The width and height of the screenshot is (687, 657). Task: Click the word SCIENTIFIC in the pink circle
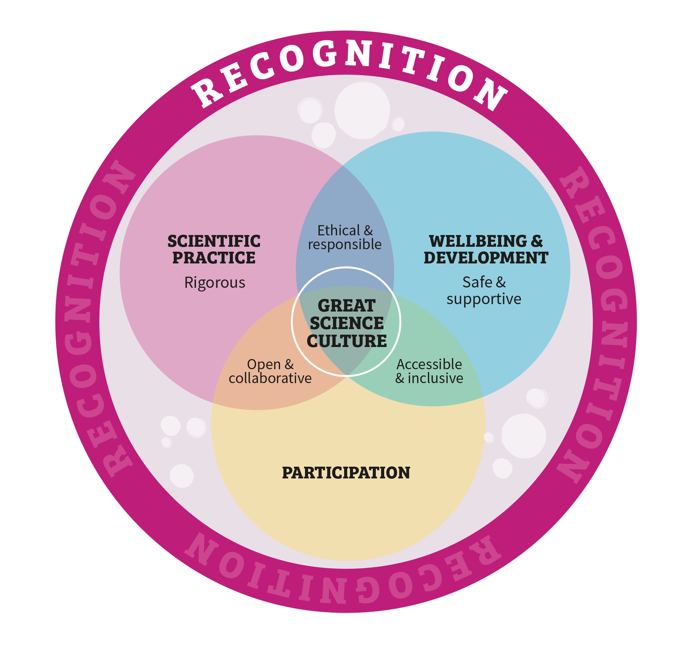point(214,241)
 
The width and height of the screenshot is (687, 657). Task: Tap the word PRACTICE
point(214,258)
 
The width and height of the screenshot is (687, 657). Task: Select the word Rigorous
point(214,283)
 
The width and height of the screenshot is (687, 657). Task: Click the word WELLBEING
point(478,241)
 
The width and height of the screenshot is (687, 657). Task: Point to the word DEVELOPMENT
point(486,258)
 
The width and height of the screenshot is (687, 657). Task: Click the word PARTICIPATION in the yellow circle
point(346,473)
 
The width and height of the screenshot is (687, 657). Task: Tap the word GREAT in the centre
point(346,306)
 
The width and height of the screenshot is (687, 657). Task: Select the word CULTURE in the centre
point(346,341)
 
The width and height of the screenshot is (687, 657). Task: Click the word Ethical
point(338,230)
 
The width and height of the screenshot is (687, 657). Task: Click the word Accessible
point(429,365)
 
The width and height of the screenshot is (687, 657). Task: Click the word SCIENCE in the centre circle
point(346,323)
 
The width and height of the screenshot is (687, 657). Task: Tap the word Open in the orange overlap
point(263,365)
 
